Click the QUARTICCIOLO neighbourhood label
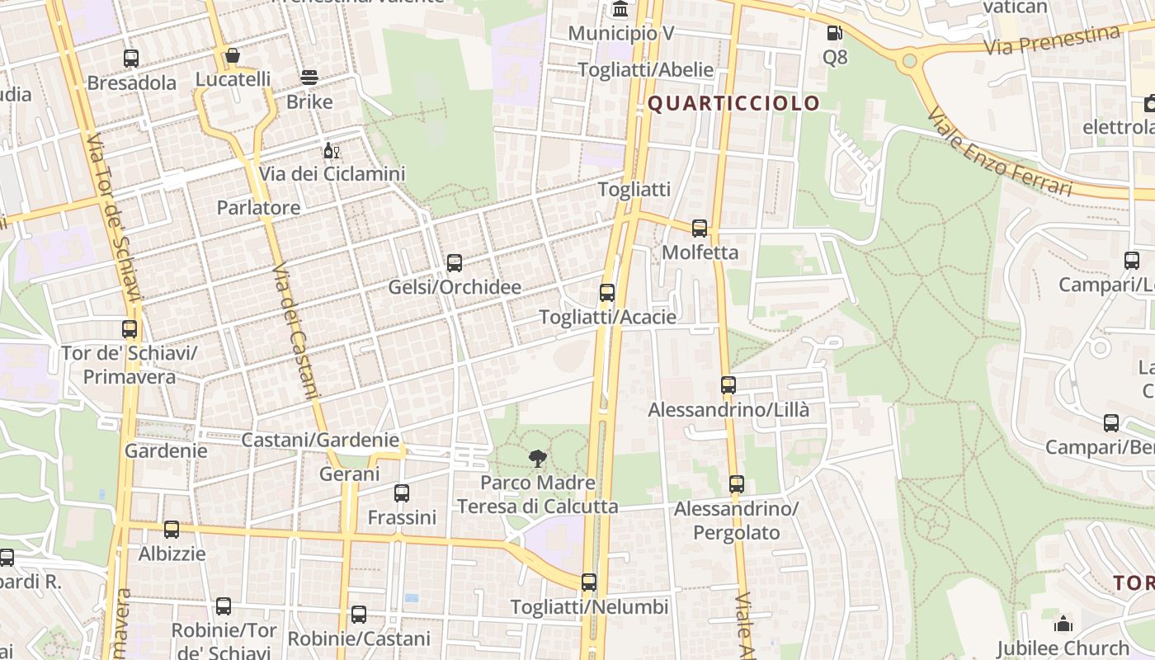(733, 103)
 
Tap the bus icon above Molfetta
(700, 229)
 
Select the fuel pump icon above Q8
(835, 34)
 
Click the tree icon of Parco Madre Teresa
(538, 459)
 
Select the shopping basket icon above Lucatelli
(233, 56)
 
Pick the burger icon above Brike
(309, 78)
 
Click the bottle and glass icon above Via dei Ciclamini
(332, 151)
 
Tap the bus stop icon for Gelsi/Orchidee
(455, 263)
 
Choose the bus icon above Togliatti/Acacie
(607, 293)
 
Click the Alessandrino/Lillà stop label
(728, 409)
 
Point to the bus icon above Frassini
(402, 493)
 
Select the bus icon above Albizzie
(172, 530)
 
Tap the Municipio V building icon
(620, 10)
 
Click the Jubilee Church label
(1063, 648)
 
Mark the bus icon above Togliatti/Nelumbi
(589, 582)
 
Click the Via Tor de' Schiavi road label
(115, 218)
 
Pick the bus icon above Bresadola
(131, 59)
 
